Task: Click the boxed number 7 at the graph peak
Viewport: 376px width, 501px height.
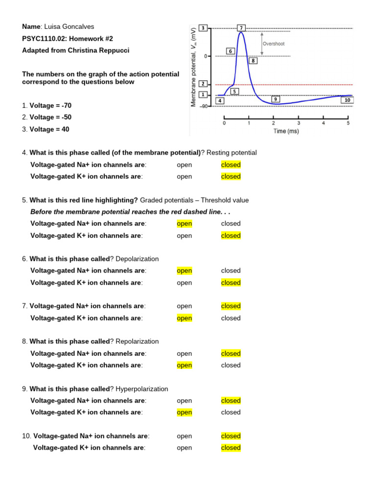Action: (x=241, y=28)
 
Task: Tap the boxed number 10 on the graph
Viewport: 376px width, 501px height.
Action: (x=347, y=100)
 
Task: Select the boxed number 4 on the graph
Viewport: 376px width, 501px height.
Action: (x=219, y=101)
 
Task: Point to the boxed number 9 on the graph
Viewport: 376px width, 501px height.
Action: (x=276, y=99)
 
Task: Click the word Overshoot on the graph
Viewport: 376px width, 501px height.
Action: (x=273, y=44)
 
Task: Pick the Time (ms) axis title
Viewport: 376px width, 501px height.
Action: (x=286, y=131)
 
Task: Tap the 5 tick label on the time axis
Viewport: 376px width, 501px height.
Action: (x=348, y=123)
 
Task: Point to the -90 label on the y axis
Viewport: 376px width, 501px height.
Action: (x=203, y=106)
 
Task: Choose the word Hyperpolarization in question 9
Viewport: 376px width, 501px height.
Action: (x=141, y=389)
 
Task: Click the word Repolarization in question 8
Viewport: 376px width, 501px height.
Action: (x=137, y=342)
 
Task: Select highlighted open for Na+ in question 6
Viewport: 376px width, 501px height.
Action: (x=185, y=271)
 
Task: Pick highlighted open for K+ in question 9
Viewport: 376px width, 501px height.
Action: (x=185, y=412)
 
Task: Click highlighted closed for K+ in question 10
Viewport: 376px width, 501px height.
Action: (x=231, y=448)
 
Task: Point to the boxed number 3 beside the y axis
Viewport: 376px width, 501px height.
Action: (x=203, y=27)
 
